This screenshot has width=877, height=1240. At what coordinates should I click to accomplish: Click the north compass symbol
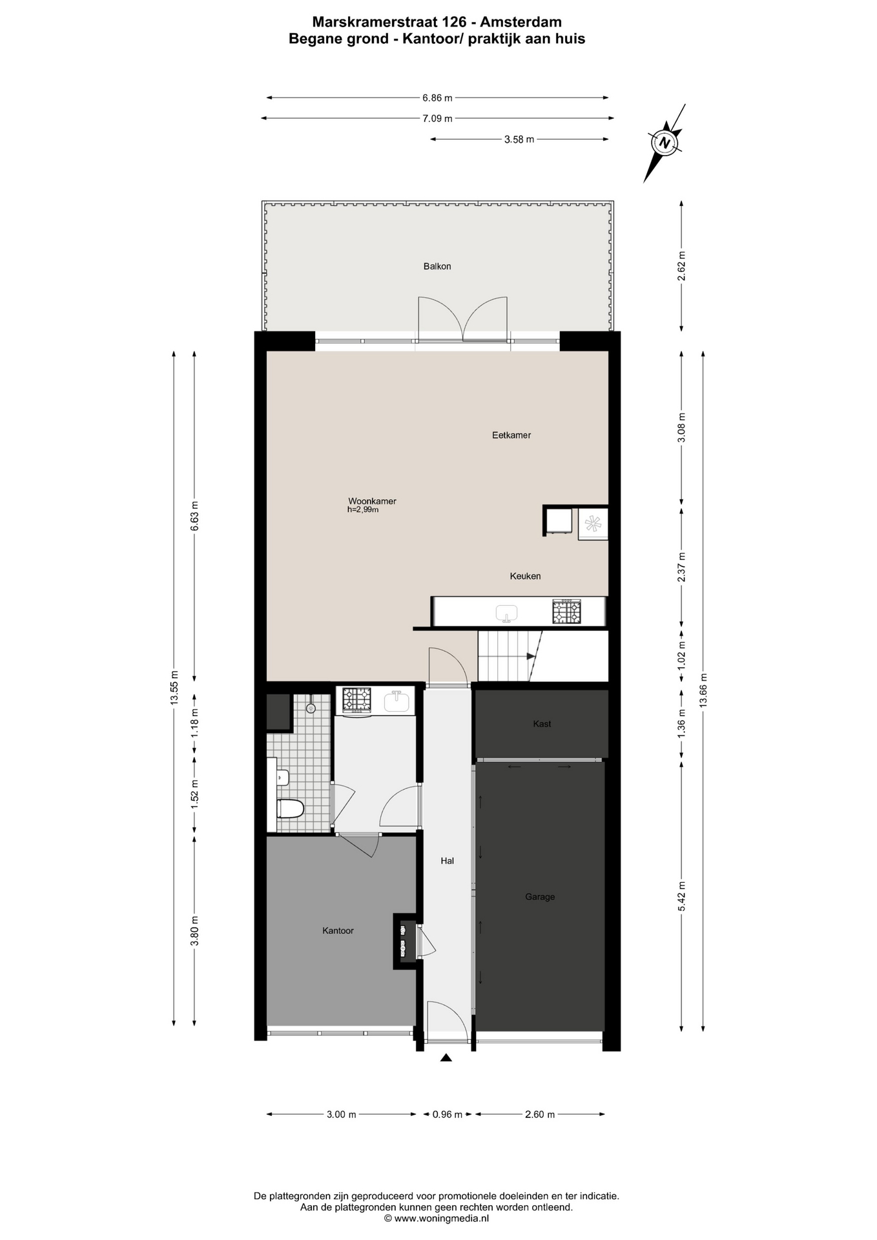tap(665, 142)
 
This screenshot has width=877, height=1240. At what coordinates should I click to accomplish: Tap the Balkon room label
tap(437, 266)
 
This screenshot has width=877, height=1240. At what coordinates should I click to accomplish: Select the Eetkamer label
tap(511, 435)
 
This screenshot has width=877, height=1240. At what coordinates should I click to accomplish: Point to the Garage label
tap(540, 896)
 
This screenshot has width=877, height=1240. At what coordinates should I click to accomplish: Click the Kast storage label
tap(542, 724)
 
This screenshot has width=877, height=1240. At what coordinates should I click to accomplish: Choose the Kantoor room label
tap(338, 931)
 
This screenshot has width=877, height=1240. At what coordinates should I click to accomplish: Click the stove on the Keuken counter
tap(566, 612)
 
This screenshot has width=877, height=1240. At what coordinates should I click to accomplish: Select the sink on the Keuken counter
tap(507, 613)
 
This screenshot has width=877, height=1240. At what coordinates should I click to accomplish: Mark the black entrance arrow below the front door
tap(446, 1057)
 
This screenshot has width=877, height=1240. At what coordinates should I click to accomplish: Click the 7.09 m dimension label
tap(437, 118)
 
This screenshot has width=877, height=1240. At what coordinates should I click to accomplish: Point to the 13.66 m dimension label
tap(703, 690)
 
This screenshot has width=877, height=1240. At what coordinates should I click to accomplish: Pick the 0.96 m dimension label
tap(448, 1114)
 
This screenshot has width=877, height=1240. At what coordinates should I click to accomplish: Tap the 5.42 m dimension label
tap(681, 896)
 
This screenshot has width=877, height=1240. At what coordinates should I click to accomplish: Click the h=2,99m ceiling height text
tap(363, 510)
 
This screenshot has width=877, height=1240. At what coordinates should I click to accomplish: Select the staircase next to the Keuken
tap(510, 656)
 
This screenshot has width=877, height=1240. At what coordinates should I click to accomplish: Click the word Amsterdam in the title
tap(521, 23)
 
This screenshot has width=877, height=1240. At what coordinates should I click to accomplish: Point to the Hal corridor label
tap(447, 860)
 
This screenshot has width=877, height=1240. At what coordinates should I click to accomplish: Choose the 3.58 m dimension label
tap(519, 139)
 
